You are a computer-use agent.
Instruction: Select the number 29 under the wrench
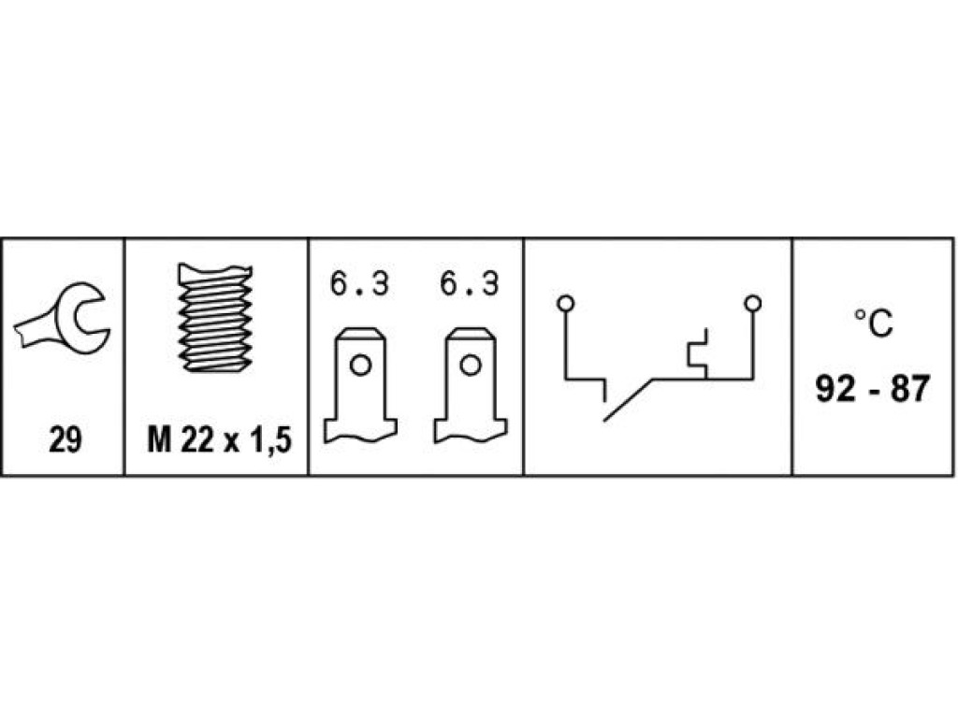(x=65, y=439)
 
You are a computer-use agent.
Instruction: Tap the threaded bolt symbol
(x=215, y=318)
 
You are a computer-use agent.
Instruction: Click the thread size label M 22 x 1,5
(x=219, y=439)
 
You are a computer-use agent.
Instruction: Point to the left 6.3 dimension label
(x=359, y=284)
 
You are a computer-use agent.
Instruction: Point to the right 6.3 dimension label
(x=470, y=284)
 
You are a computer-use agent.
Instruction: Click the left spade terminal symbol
(x=360, y=385)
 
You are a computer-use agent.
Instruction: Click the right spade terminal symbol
(x=471, y=385)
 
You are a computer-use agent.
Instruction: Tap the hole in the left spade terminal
(x=360, y=366)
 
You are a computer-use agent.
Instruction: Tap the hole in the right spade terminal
(x=471, y=366)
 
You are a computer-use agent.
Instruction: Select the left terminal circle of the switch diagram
(x=566, y=304)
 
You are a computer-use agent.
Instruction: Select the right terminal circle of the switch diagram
(x=753, y=304)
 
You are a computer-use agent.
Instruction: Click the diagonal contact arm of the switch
(x=628, y=400)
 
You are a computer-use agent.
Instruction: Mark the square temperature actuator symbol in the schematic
(x=698, y=353)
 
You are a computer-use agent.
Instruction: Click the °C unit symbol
(x=873, y=323)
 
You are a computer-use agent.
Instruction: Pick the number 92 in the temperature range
(x=835, y=388)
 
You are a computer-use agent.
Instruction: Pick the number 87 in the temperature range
(x=910, y=388)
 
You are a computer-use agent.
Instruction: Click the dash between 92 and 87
(x=873, y=391)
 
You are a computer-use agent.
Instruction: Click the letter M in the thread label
(x=159, y=439)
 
